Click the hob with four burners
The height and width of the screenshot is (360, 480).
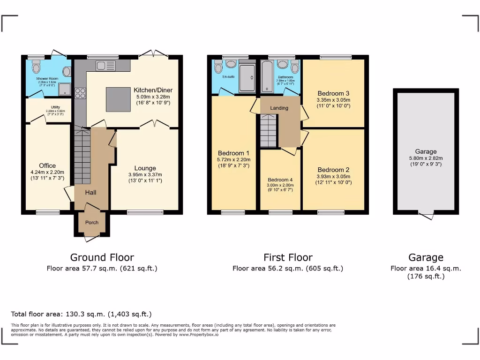pyautogui.click(x=80, y=93)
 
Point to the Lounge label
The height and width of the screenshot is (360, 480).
pyautogui.click(x=145, y=168)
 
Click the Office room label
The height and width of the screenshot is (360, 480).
pyautogui.click(x=47, y=165)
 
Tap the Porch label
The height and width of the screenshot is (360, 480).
pyautogui.click(x=92, y=222)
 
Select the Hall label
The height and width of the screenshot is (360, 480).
pyautogui.click(x=91, y=192)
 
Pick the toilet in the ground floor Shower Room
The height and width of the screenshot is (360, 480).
pyautogui.click(x=37, y=68)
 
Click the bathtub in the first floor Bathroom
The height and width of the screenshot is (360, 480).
pyautogui.click(x=265, y=76)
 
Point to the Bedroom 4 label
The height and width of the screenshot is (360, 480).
pyautogui.click(x=280, y=180)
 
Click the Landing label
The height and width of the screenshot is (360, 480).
pyautogui.click(x=279, y=108)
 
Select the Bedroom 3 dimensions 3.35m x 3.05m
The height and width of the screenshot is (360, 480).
pyautogui.click(x=333, y=100)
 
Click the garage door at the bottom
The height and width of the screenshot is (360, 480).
pyautogui.click(x=426, y=215)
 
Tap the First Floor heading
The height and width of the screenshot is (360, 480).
pyautogui.click(x=288, y=257)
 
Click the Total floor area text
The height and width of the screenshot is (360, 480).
pyautogui.click(x=81, y=314)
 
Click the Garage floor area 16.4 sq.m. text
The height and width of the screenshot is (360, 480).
pyautogui.click(x=426, y=269)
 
